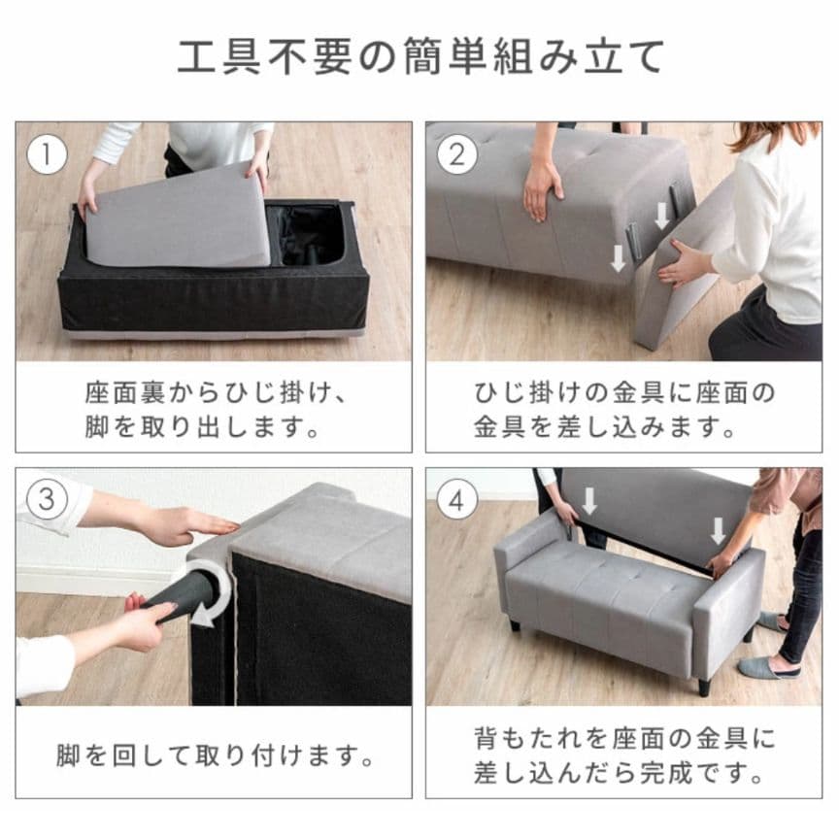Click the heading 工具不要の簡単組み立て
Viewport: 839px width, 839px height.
(419, 56)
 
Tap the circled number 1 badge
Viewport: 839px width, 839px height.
(46, 153)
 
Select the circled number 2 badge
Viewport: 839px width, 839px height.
(457, 153)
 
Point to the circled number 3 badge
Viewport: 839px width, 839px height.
(46, 500)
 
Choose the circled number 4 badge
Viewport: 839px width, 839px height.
(457, 500)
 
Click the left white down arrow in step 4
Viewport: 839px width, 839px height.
(589, 501)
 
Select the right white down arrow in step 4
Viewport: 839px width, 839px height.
(718, 530)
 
